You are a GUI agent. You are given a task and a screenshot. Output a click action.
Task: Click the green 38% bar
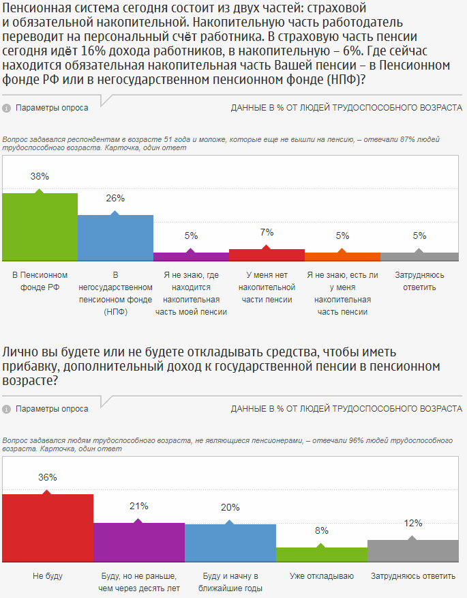pyautogui.click(x=40, y=227)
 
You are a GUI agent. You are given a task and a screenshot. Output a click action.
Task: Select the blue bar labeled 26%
pyautogui.click(x=115, y=238)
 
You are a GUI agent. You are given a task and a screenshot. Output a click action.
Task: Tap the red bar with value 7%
pyautogui.click(x=267, y=255)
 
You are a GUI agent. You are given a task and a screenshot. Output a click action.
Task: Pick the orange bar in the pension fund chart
pyautogui.click(x=342, y=257)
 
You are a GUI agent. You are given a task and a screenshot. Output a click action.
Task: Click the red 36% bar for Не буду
pyautogui.click(x=48, y=528)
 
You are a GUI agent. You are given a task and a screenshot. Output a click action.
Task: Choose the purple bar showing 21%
pyautogui.click(x=138, y=542)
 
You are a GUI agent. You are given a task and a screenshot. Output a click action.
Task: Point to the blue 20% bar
pyautogui.click(x=230, y=543)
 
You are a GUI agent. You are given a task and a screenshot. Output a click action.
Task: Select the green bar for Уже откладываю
pyautogui.click(x=321, y=554)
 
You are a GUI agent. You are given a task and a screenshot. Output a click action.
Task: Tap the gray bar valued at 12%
pyautogui.click(x=412, y=550)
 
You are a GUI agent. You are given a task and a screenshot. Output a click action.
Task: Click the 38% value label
pyautogui.click(x=40, y=176)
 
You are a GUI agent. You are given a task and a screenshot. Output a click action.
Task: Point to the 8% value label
pyautogui.click(x=322, y=530)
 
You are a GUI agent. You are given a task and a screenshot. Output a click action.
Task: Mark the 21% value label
pyautogui.click(x=139, y=506)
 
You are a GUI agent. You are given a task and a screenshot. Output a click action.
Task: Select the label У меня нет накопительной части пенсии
pyautogui.click(x=267, y=287)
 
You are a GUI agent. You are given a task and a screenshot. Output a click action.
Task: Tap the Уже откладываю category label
pyautogui.click(x=322, y=576)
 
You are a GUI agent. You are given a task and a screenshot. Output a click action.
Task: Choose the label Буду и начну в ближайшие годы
pyautogui.click(x=230, y=582)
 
